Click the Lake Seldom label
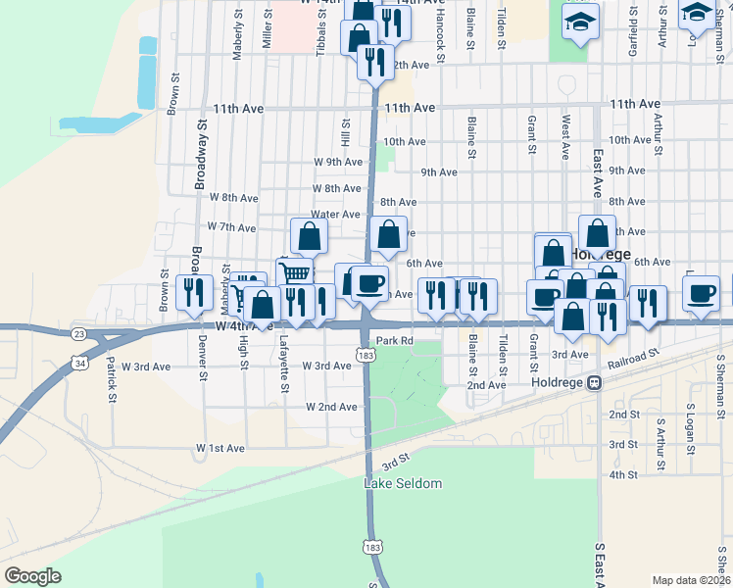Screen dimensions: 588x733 [403, 484]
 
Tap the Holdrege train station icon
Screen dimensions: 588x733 [594, 385]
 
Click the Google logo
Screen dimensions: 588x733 [32, 576]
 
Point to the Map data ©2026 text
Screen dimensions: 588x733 [691, 580]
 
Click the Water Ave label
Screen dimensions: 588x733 [335, 215]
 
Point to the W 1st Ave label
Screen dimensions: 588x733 [220, 448]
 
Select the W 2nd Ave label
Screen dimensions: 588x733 [331, 407]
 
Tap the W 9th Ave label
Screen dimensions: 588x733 [338, 162]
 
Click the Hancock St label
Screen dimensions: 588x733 [441, 40]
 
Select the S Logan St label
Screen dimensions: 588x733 [690, 431]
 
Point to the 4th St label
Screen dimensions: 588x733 [623, 474]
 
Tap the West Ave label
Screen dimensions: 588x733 [565, 138]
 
